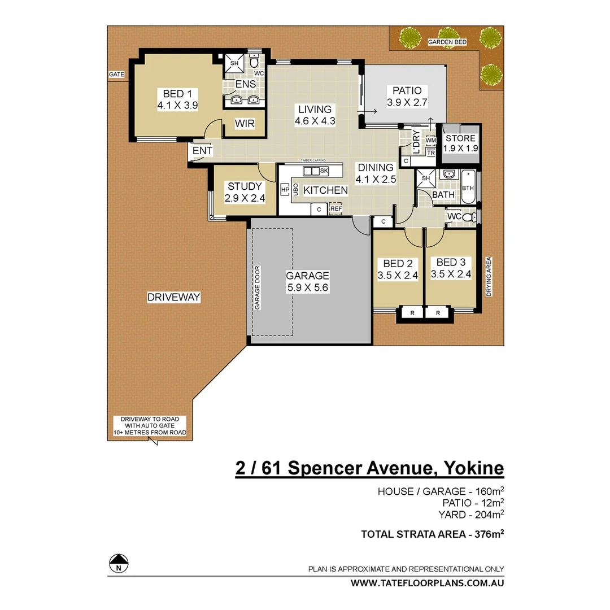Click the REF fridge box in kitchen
(x=336, y=209)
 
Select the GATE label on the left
(x=117, y=75)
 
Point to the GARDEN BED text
(x=447, y=42)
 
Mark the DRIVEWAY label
(x=173, y=297)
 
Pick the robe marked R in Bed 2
(x=413, y=312)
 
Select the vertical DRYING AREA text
(x=489, y=277)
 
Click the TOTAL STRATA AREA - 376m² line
(x=432, y=534)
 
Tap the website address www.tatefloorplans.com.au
(x=428, y=583)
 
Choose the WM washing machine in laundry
(x=431, y=140)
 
